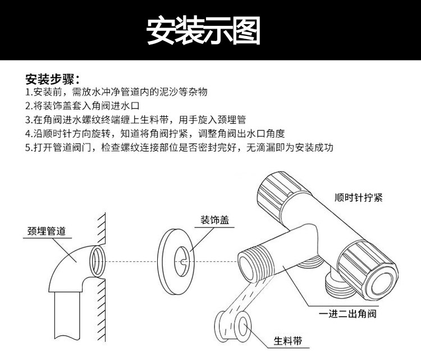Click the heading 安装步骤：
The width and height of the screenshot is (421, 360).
pyautogui.click(x=53, y=78)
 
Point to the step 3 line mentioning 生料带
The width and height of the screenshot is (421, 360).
pyautogui.click(x=135, y=120)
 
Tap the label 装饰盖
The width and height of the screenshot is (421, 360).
pyautogui.click(x=215, y=220)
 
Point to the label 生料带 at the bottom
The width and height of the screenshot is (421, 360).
pyautogui.click(x=288, y=341)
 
